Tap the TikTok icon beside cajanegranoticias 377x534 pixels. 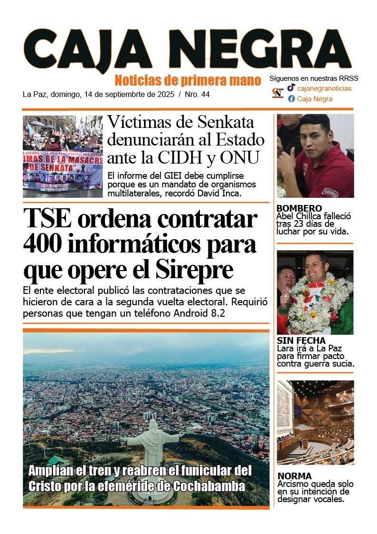[x=291, y=88]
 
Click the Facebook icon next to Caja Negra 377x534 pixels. [x=291, y=99]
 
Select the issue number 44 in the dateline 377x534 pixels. [x=205, y=94]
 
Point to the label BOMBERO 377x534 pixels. [x=299, y=208]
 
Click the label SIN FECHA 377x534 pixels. [x=301, y=340]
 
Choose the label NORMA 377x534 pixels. [x=294, y=476]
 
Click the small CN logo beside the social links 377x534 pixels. [x=277, y=93]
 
